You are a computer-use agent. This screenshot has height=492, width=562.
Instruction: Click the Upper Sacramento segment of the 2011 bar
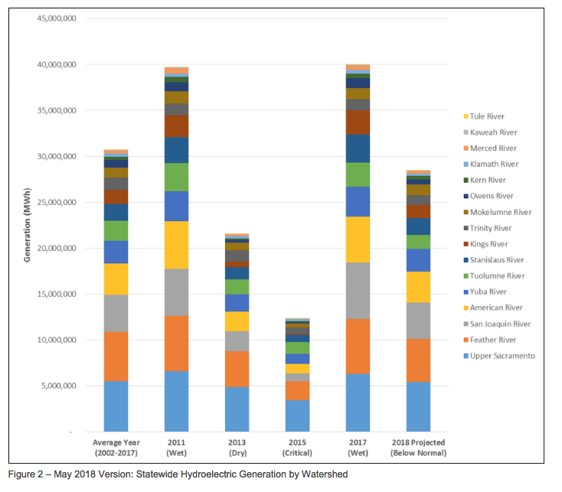[x=177, y=401]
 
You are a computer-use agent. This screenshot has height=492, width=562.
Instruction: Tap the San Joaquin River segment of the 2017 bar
[x=356, y=291]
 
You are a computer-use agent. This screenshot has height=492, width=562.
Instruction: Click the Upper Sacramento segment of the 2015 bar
[x=296, y=415]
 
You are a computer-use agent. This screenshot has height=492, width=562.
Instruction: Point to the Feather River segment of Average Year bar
[x=116, y=356]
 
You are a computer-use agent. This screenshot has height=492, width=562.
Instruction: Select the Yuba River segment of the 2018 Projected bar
[x=417, y=260]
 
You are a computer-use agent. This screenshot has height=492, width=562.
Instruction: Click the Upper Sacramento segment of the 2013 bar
[x=237, y=409]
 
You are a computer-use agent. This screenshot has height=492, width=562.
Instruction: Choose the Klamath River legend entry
[x=493, y=164]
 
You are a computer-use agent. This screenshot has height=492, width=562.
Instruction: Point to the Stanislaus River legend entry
[x=496, y=260]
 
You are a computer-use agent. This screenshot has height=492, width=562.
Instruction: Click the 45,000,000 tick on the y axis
[x=54, y=18]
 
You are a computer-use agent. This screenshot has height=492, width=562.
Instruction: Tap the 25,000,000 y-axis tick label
[x=54, y=202]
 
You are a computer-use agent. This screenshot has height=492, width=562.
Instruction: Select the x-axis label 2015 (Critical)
[x=296, y=448]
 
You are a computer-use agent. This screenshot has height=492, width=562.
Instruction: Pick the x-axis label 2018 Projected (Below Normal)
[x=417, y=448]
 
